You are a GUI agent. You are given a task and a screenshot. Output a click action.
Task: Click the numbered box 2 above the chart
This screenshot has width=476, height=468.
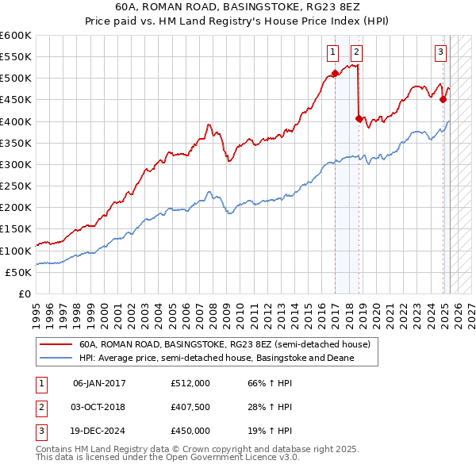[x=357, y=53]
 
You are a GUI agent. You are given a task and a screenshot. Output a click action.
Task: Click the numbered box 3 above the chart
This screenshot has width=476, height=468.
[x=440, y=53]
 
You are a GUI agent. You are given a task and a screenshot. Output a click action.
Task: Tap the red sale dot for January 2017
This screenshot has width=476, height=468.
[x=335, y=73]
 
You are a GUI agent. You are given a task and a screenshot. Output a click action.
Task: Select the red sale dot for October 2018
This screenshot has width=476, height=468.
[x=359, y=118]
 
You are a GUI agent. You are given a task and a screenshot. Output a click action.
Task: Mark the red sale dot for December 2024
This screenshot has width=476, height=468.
[x=443, y=100]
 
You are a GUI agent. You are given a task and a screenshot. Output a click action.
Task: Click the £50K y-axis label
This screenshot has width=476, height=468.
[x=17, y=272]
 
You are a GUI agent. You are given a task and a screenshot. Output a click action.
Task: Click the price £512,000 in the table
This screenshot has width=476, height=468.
[x=190, y=383]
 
